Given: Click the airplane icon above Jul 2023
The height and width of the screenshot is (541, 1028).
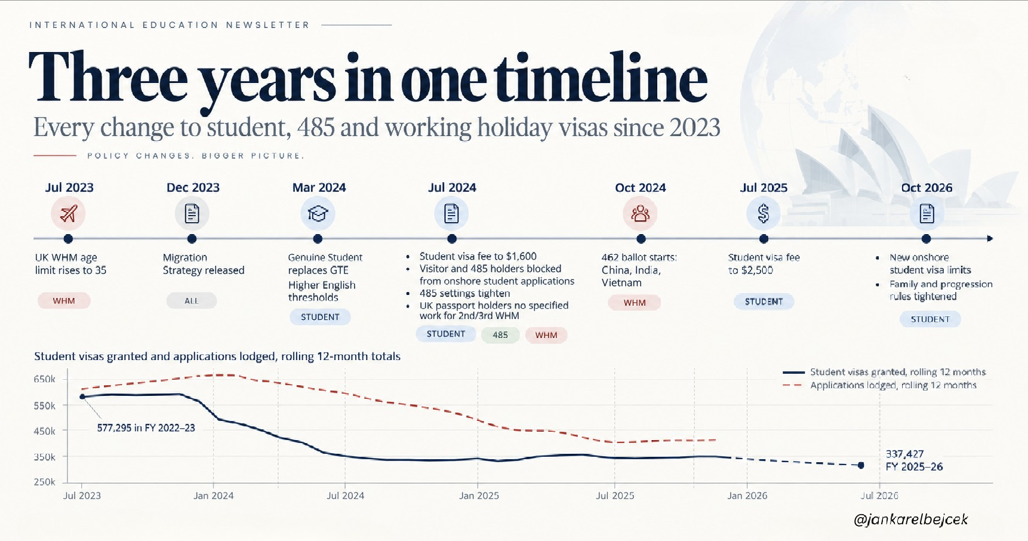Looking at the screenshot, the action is click(x=68, y=213).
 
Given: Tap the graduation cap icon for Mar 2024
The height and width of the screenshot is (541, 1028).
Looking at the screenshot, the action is click(x=318, y=213).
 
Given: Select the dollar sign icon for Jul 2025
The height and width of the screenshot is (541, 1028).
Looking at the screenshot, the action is click(x=764, y=213).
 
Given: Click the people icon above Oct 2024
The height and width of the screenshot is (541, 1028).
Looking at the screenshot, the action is click(x=640, y=213).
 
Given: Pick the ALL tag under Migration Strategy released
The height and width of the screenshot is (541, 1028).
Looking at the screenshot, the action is click(x=192, y=300).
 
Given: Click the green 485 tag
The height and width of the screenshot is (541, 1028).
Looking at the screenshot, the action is click(x=500, y=335).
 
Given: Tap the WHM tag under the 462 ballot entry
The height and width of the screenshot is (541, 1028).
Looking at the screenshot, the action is click(x=635, y=303).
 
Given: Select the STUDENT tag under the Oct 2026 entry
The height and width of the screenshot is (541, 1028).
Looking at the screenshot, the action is click(x=930, y=319).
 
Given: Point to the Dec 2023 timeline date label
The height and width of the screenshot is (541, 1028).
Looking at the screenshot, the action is click(x=193, y=187).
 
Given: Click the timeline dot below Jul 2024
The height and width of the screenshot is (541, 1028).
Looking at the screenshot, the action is click(x=452, y=239).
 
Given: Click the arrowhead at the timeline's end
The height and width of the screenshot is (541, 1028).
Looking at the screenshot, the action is click(x=990, y=239).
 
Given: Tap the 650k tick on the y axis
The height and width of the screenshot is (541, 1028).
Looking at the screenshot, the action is click(x=45, y=379).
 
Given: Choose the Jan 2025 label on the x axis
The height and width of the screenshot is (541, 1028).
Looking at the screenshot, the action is click(x=479, y=496).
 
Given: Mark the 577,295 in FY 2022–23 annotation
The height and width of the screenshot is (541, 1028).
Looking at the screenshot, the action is click(x=146, y=428).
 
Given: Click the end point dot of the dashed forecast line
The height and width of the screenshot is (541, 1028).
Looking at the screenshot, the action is click(x=861, y=465).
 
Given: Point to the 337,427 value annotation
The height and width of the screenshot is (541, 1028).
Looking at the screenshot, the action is click(x=904, y=454).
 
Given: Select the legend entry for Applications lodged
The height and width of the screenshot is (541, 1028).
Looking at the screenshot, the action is click(x=879, y=385).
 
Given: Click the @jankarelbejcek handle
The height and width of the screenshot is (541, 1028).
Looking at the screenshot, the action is click(x=911, y=520).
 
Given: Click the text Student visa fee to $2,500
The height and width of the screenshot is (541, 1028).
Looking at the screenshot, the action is click(x=764, y=263).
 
